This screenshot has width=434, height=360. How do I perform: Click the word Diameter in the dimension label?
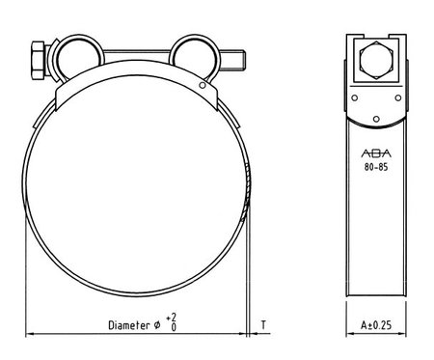[x=129, y=325]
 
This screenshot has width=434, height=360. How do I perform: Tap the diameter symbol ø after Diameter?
[x=157, y=325]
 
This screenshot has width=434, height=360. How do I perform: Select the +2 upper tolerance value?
[x=172, y=318]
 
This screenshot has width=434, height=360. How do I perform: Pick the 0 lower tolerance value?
[x=174, y=327]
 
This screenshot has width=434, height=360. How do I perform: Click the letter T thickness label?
[x=263, y=325]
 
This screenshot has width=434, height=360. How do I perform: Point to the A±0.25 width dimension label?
[x=376, y=325]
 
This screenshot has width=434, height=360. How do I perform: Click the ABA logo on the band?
[x=376, y=153]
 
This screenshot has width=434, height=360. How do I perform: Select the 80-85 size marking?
[x=376, y=167]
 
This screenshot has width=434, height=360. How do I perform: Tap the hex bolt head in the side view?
[x=376, y=60]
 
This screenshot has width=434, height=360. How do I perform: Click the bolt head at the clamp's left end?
[x=39, y=60]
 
